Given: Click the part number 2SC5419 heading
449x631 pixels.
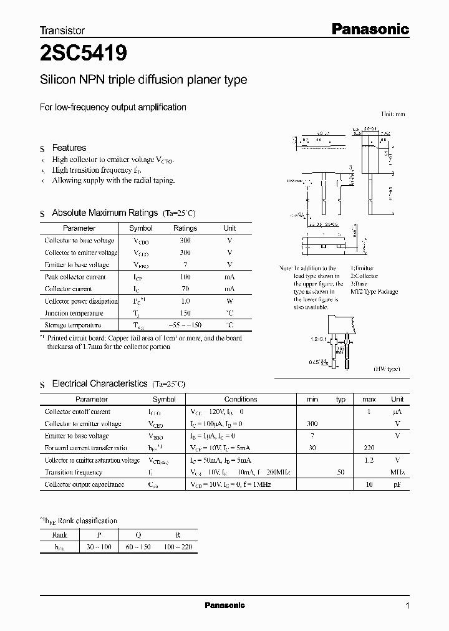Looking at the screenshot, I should [84, 54].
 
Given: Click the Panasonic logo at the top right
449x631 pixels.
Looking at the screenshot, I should [369, 29].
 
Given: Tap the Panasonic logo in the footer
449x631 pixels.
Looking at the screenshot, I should [224, 605].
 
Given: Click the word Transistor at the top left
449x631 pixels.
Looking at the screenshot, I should [62, 30].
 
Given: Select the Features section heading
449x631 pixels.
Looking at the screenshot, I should [69, 148].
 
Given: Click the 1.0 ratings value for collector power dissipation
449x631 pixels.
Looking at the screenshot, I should [185, 301].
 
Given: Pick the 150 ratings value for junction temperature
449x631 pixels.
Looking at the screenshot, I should [185, 313].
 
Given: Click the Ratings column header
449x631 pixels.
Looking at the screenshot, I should [185, 228].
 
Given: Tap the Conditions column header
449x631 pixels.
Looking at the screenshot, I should [241, 399].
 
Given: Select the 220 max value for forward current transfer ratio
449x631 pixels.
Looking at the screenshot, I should [369, 448].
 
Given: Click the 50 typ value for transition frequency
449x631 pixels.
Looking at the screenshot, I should [341, 472].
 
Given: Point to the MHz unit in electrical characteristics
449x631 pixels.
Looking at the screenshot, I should [397, 472].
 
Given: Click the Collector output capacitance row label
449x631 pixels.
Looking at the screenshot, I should [84, 484].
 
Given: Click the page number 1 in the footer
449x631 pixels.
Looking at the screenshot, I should [407, 605].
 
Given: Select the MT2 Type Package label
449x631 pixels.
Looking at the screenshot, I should [374, 292].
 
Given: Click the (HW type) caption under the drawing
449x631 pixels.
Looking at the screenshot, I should [387, 369].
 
